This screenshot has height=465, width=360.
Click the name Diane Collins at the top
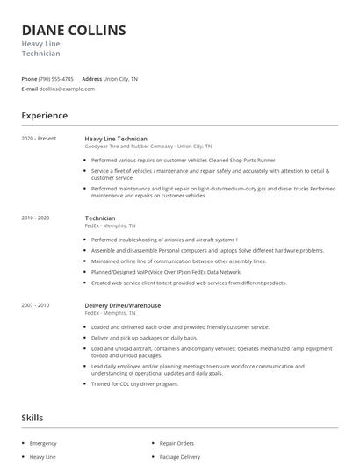pyautogui.click(x=73, y=31)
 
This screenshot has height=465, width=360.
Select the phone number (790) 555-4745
pyautogui.click(x=56, y=79)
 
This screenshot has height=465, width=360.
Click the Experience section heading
pyautogui.click(x=45, y=116)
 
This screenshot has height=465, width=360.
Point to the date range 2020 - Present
pyautogui.click(x=38, y=139)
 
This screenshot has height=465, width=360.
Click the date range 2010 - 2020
pyautogui.click(x=35, y=218)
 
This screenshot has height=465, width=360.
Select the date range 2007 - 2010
pyautogui.click(x=35, y=305)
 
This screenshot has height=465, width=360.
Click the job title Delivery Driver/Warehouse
pyautogui.click(x=122, y=305)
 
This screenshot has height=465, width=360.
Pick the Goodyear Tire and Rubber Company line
pyautogui.click(x=148, y=147)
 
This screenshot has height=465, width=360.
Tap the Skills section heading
pyautogui.click(x=32, y=418)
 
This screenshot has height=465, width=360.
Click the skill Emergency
pyautogui.click(x=42, y=444)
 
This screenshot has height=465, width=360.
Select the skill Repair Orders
pyautogui.click(x=176, y=444)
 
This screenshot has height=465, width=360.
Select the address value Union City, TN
pyautogui.click(x=120, y=79)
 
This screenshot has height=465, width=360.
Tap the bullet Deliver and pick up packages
pyautogui.click(x=144, y=337)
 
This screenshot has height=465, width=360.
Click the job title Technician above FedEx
pyautogui.click(x=100, y=218)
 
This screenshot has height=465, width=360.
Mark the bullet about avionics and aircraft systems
pyautogui.click(x=164, y=239)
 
